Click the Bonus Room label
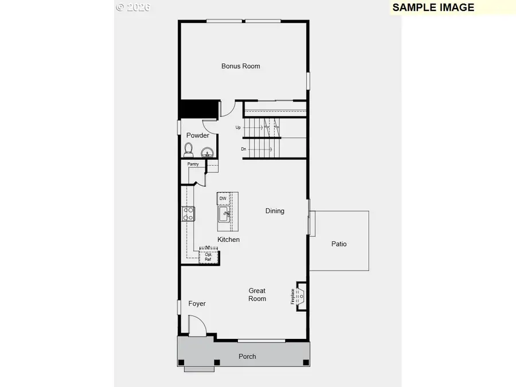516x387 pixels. pos(241,66)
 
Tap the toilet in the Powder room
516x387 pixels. pos(189,150)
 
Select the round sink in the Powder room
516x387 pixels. pos(207,152)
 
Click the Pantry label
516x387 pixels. pos(193,164)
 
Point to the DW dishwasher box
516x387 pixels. pos(223,199)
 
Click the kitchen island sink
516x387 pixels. pos(224,215)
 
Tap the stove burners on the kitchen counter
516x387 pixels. pos(188,214)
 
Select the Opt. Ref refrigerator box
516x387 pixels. pos(209,256)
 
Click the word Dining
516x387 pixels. pos(275,211)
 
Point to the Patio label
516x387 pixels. pos(339,244)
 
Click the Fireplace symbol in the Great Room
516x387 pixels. pos(300,296)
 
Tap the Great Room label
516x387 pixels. pos(257,295)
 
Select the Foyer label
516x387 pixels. pos(197,303)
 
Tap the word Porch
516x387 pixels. pos(247,357)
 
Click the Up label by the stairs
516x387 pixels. pos(238,127)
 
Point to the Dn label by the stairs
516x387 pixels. pos(243,149)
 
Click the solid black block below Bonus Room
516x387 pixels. pos(199,108)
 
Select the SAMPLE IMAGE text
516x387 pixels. pos(433,7)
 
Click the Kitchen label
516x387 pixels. pos(228,240)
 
